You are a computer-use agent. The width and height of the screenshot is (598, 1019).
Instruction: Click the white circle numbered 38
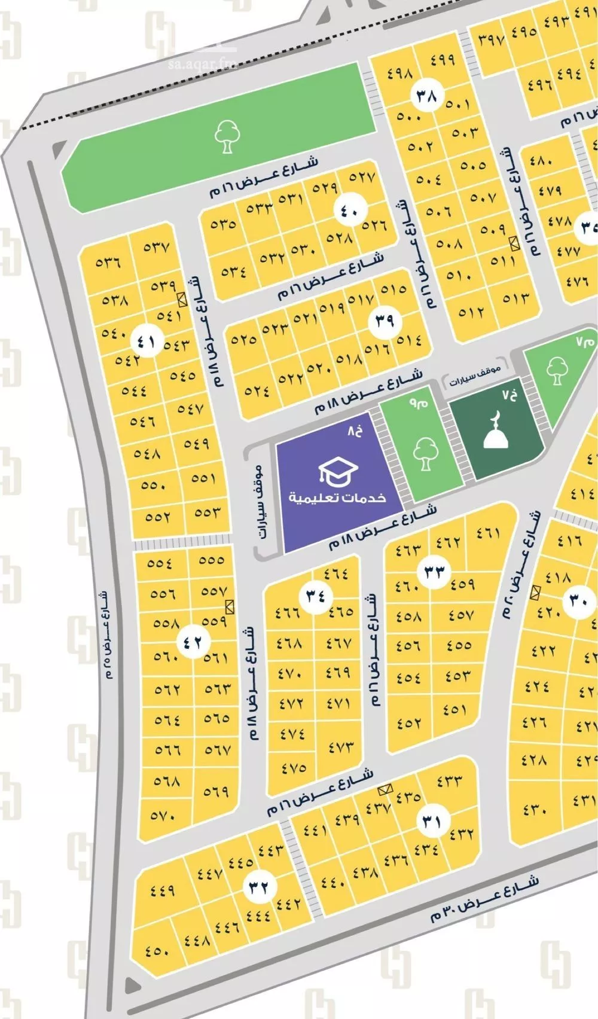426,96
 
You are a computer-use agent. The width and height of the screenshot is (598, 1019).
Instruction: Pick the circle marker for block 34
316,596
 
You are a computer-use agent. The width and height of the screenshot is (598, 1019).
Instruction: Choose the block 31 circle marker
431,822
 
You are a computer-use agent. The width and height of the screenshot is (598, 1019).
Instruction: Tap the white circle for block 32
260,886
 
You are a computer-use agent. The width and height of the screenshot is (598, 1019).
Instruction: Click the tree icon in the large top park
226,136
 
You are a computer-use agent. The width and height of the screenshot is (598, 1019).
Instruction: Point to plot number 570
163,814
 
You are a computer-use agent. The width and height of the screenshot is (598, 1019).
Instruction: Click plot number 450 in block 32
157,950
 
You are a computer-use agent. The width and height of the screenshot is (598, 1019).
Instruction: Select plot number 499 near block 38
443,59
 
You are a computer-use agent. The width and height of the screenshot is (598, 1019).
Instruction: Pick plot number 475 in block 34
293,767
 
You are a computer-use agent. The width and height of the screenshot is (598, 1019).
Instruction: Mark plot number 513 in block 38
516,297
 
